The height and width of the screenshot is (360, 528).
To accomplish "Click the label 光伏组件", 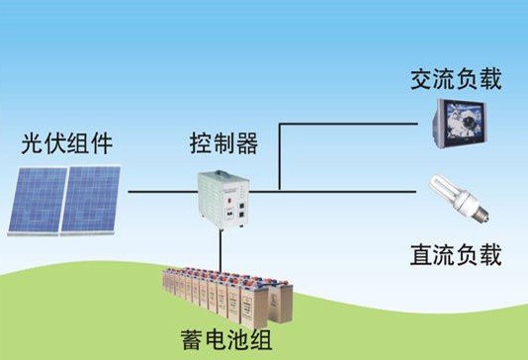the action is pos(66,143).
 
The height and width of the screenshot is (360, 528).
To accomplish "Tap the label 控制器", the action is pos(223,143).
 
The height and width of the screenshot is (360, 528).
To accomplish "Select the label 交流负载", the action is pos(456,79).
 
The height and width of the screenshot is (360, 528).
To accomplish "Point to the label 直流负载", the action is pos(456,255).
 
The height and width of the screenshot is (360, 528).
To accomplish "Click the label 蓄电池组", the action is pos(226,339).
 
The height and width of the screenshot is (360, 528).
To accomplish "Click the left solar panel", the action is pos(37,201).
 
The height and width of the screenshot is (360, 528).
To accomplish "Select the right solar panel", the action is pos(90,200).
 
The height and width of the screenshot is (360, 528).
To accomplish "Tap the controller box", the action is pos(223,200).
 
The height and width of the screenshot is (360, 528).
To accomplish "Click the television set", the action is pos(460,124).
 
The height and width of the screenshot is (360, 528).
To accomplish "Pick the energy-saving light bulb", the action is pos(459,198).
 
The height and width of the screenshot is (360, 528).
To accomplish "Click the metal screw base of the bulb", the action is pos(481,213).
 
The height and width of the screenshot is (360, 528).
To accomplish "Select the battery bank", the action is pos(227,298).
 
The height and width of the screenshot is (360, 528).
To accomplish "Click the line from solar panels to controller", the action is pos(163,192).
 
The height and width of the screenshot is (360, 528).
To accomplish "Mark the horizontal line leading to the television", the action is pos(348,124).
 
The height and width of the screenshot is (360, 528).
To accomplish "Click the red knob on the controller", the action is pos(229,201).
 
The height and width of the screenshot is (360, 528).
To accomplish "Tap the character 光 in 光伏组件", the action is pos(33,143).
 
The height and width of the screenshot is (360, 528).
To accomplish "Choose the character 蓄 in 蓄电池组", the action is pos(192,339).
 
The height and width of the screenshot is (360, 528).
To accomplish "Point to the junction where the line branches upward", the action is pos(280,192).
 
